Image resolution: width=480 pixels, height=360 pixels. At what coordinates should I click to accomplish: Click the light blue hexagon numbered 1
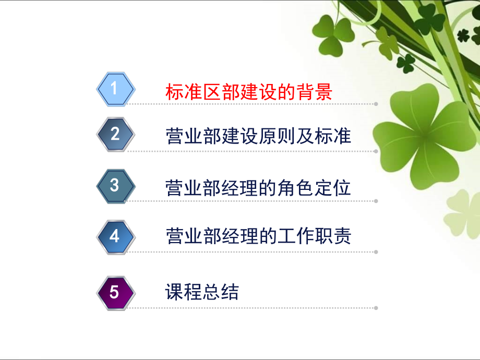[x=115, y=89]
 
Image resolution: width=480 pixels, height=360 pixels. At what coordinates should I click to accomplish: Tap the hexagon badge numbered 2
[x=115, y=135]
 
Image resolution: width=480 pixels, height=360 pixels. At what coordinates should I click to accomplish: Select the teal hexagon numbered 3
[x=115, y=186]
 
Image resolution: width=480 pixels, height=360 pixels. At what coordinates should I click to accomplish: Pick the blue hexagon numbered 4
[x=115, y=236]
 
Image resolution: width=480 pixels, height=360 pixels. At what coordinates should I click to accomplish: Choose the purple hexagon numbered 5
[x=115, y=292]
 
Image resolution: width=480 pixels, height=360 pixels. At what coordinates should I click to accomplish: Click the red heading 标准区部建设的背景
[x=248, y=92]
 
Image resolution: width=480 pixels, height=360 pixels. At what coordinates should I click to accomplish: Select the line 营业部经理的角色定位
[x=258, y=187]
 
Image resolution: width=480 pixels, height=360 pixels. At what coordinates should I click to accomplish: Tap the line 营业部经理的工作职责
[x=258, y=236]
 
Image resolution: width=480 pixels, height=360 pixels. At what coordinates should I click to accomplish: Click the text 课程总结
[x=201, y=292]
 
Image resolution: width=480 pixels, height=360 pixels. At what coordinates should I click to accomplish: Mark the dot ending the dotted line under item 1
[x=376, y=104]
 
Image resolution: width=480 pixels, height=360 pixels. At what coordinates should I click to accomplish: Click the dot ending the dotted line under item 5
[x=376, y=307]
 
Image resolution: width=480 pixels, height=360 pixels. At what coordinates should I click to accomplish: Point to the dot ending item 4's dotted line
[x=376, y=252]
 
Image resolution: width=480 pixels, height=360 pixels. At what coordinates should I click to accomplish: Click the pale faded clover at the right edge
[x=462, y=214]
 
